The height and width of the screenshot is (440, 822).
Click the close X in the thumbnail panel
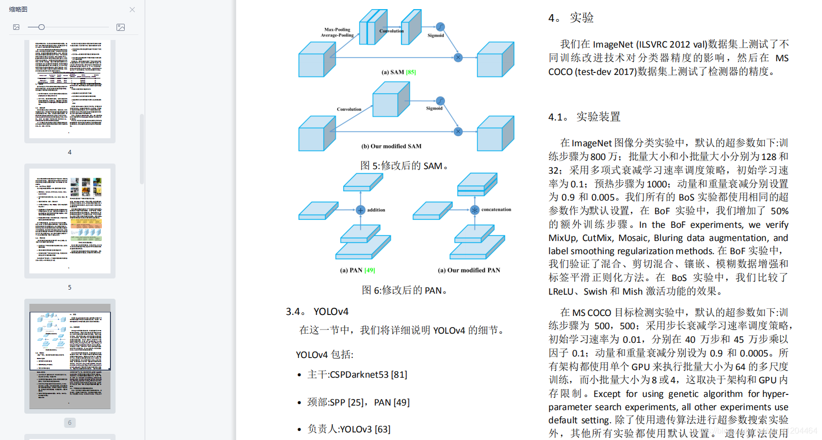tap(132, 10)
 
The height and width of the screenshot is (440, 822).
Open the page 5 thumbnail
tap(70, 221)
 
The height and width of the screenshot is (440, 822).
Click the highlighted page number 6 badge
tap(70, 422)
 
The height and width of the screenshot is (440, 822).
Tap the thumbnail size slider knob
tap(42, 27)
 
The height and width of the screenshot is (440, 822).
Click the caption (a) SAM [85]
tap(398, 72)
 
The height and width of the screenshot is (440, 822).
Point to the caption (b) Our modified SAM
tap(391, 146)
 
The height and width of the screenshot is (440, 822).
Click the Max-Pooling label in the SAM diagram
tap(337, 29)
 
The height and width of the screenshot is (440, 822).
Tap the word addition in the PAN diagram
tap(376, 210)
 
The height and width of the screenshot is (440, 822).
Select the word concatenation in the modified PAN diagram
tap(496, 210)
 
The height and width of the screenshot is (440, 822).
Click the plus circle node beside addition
tap(360, 210)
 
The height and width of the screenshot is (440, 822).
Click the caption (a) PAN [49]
tap(357, 270)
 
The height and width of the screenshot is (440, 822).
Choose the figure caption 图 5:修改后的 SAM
tap(404, 166)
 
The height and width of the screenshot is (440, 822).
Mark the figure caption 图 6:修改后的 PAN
tap(404, 290)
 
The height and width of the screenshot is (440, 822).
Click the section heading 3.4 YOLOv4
tap(317, 311)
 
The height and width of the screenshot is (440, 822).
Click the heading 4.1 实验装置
tap(584, 117)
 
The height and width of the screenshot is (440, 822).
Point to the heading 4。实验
tap(571, 18)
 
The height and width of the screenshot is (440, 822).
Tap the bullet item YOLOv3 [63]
tap(365, 429)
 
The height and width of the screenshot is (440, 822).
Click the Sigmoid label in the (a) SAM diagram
tap(436, 35)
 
